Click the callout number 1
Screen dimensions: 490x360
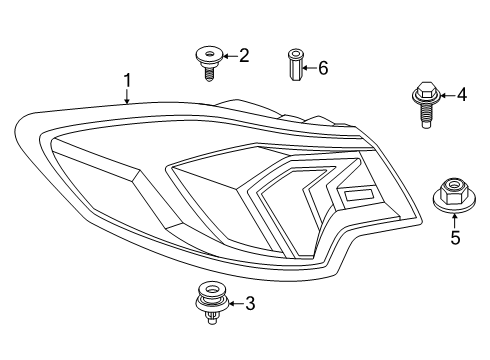pos(127,79)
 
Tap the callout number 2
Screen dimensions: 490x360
pos(243,57)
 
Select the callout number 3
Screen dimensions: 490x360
pos(250,303)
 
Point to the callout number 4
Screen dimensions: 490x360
pos(461,95)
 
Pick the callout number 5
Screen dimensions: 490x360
pos(454,238)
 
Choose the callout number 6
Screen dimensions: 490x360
pos(322,68)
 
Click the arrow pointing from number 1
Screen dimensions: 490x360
pos(127,96)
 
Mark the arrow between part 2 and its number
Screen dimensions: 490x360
pos(228,57)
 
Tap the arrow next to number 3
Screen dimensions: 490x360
pos(236,303)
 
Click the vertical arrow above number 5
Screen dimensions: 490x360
pos(454,219)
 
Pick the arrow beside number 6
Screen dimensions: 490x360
pos(308,68)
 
